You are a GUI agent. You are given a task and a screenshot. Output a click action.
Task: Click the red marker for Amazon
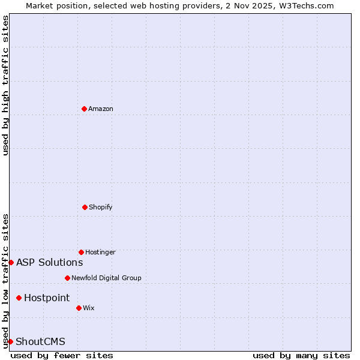[x=85, y=109]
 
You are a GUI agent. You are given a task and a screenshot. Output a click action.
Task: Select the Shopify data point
[x=85, y=207]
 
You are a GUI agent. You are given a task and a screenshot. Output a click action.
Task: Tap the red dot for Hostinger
[x=81, y=252]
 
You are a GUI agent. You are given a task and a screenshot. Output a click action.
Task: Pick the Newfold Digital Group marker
[x=67, y=278]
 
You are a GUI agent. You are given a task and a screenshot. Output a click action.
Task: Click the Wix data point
[x=79, y=308]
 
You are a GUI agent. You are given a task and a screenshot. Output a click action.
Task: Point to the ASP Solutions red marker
[x=11, y=262]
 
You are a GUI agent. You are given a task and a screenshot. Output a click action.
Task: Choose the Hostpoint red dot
[x=19, y=298]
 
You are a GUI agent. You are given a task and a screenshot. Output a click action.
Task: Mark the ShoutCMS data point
[x=10, y=341]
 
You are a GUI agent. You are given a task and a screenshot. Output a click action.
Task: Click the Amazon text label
[x=101, y=109]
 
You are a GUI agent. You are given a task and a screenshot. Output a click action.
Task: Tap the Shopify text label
[x=101, y=207]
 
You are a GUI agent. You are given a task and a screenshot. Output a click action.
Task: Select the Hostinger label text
[x=100, y=252]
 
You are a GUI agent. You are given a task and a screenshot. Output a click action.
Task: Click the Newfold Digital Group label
[x=106, y=278]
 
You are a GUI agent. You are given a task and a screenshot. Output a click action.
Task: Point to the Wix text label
[x=89, y=308]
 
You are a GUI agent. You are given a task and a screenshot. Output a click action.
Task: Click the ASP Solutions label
[x=49, y=262]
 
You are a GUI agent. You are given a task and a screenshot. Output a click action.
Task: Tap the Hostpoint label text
[x=47, y=298]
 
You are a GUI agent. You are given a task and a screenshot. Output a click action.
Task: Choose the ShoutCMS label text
[x=40, y=341]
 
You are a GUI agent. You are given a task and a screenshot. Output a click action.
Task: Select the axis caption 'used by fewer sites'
[x=62, y=355]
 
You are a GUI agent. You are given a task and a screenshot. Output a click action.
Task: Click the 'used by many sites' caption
[x=301, y=355]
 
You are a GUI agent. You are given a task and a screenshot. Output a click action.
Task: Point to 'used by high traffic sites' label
[x=5, y=85]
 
